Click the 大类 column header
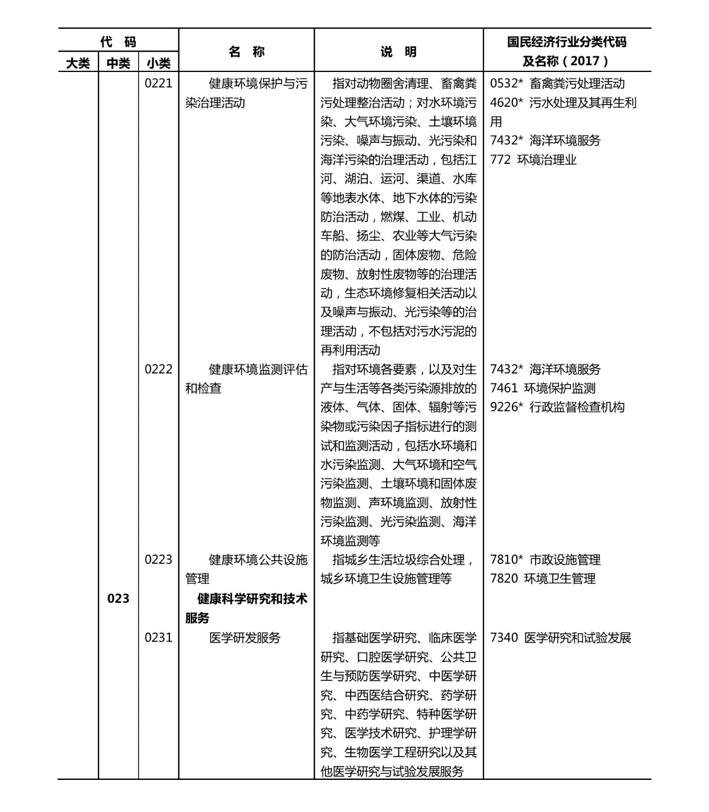[x=78, y=63]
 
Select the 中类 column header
[x=118, y=63]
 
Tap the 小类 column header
[x=158, y=63]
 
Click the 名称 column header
[x=246, y=51]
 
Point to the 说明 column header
[x=398, y=51]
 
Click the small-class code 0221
[x=158, y=84]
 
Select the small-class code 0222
[x=158, y=369]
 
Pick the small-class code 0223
[x=158, y=560]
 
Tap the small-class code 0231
[x=158, y=638]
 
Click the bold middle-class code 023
[x=118, y=598]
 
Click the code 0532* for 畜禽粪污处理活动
[x=507, y=84]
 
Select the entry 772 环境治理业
[x=533, y=160]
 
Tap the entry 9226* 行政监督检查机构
[x=557, y=407]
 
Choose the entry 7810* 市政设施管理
[x=545, y=560]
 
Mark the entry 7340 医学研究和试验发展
[x=561, y=638]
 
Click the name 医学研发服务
[x=245, y=638]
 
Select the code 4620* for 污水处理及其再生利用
[x=507, y=103]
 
